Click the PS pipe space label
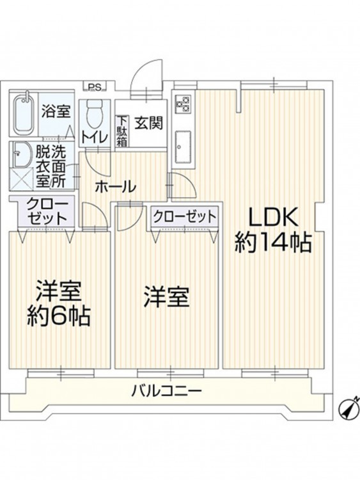pyautogui.click(x=95, y=87)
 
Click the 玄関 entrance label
pyautogui.click(x=148, y=123)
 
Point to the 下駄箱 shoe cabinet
pyautogui.click(x=121, y=131)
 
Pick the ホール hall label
pyautogui.click(x=116, y=187)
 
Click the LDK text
pyautogui.click(x=272, y=217)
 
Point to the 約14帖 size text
pyautogui.click(x=273, y=243)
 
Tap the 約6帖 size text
pyautogui.click(x=58, y=316)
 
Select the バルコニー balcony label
pyautogui.click(x=167, y=390)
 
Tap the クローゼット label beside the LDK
pyautogui.click(x=185, y=217)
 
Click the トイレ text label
pyautogui.click(x=94, y=137)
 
